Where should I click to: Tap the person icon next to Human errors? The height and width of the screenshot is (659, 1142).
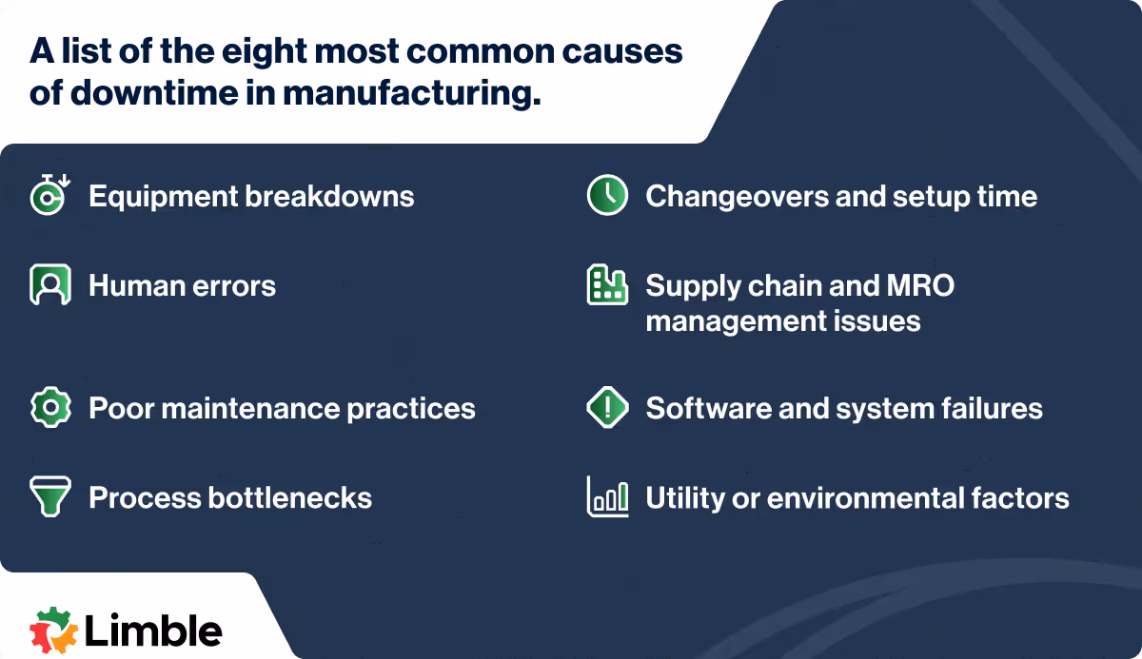click(49, 285)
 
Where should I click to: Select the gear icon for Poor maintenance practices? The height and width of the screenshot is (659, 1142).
click(49, 408)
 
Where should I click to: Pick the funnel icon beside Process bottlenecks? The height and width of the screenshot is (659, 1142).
click(49, 497)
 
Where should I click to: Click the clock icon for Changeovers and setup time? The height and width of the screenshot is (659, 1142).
click(606, 196)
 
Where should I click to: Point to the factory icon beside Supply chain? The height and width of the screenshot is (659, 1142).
click(606, 285)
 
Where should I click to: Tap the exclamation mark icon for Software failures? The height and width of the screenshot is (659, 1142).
click(606, 408)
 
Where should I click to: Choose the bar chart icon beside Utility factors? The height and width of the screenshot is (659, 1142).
click(606, 497)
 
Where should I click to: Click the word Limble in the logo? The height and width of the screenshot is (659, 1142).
click(153, 630)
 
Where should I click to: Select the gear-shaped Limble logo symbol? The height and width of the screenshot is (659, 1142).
click(53, 630)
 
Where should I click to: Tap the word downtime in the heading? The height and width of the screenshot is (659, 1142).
click(159, 95)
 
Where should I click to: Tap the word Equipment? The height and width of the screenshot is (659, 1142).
click(162, 197)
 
